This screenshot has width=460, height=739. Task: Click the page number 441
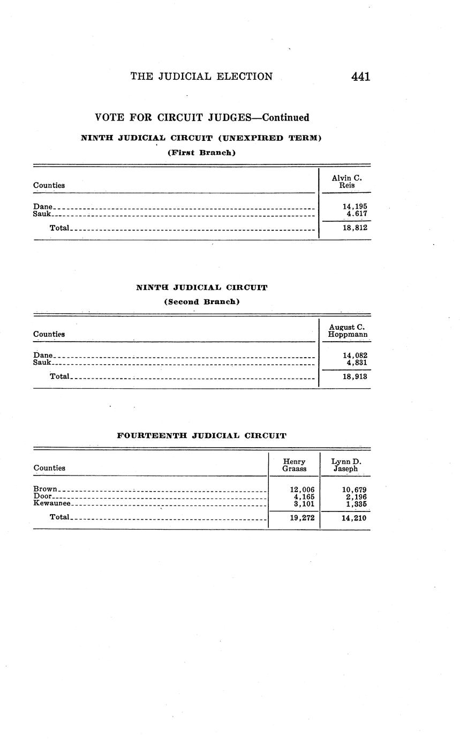click(x=360, y=77)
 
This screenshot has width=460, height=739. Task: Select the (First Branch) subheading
click(x=201, y=153)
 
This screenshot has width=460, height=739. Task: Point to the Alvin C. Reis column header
click(x=346, y=182)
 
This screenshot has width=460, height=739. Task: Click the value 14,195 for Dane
click(x=355, y=206)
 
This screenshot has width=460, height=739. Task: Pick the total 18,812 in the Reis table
click(x=355, y=228)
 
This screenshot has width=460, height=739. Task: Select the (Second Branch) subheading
click(x=201, y=301)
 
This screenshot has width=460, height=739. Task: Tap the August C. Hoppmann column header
click(x=348, y=330)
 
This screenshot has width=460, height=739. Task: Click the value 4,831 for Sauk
click(x=357, y=363)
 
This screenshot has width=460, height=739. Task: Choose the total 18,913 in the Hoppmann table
click(x=355, y=376)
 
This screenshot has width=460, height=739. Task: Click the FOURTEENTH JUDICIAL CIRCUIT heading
click(x=201, y=436)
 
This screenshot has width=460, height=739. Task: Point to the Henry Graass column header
click(x=294, y=465)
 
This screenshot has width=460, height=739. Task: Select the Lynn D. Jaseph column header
click(x=346, y=465)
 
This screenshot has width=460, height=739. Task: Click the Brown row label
click(x=45, y=489)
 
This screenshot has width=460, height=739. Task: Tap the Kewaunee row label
click(x=51, y=503)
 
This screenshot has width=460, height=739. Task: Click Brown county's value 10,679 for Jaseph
click(x=354, y=489)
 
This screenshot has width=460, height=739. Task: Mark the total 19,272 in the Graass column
click(x=302, y=518)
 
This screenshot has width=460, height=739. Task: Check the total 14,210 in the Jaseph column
click(x=354, y=518)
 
